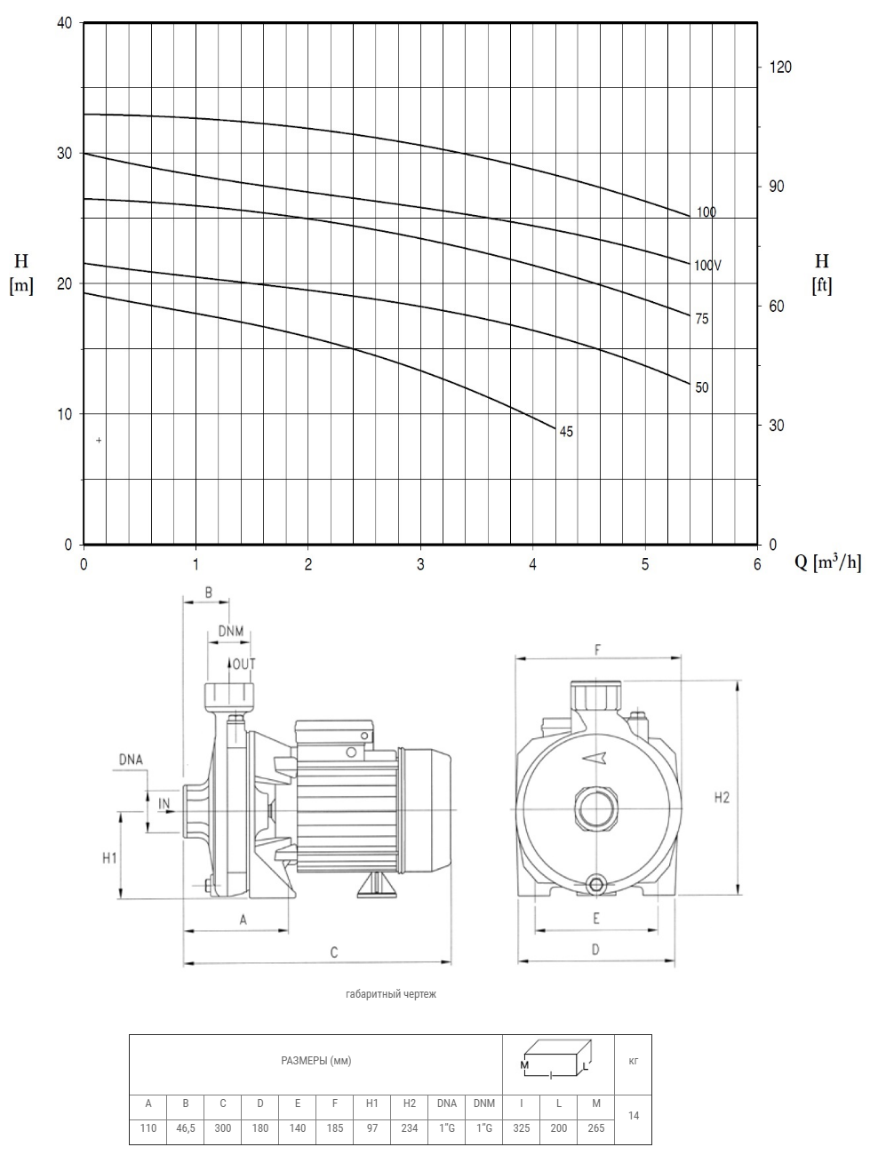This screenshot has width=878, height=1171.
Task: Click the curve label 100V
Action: (x=707, y=265)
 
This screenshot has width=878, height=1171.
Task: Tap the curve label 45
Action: (x=566, y=432)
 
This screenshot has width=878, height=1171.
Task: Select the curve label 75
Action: (x=702, y=319)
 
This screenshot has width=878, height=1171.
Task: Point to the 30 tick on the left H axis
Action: (x=65, y=153)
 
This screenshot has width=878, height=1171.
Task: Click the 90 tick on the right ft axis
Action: (x=777, y=187)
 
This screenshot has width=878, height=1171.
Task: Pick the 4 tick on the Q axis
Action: (x=533, y=564)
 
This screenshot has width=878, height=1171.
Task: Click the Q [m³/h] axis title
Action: (x=828, y=562)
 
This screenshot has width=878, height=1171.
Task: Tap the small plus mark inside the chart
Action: (x=99, y=440)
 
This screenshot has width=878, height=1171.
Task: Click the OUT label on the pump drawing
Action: (x=244, y=665)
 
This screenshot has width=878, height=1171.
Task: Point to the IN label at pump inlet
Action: (x=164, y=803)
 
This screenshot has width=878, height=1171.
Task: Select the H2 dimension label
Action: (x=722, y=798)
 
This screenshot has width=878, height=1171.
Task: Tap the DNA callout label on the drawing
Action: (x=131, y=760)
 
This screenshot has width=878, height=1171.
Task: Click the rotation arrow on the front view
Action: (x=595, y=758)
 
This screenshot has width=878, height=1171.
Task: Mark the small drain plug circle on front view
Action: (x=595, y=886)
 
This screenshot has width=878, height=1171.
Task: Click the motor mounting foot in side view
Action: (x=377, y=887)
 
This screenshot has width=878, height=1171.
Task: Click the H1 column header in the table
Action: (x=371, y=1103)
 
